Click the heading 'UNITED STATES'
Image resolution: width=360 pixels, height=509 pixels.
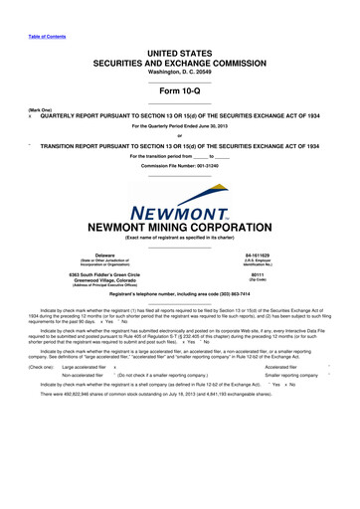point(180,50)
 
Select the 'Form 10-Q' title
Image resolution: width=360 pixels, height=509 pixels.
point(180,86)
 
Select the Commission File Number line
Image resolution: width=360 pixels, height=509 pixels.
point(180,165)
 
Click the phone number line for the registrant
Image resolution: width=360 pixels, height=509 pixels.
point(180,297)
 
